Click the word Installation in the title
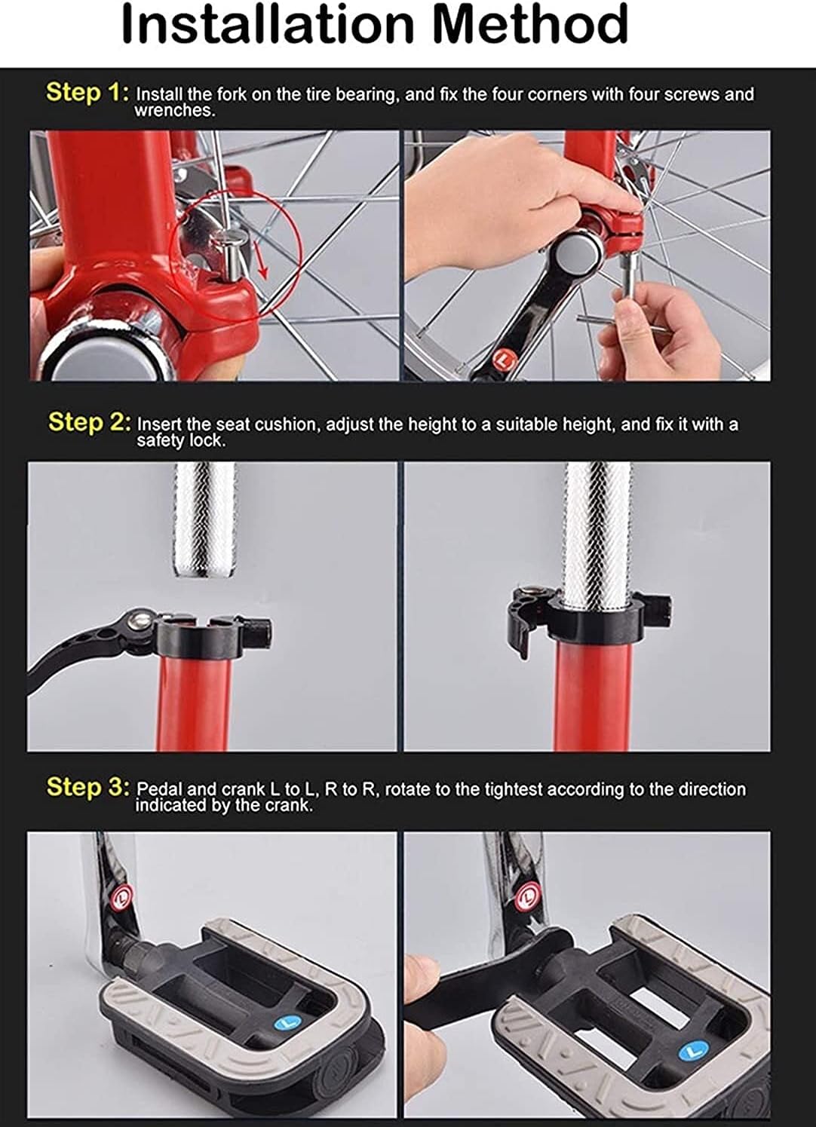click(x=268, y=23)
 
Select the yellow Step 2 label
click(x=90, y=422)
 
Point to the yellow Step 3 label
click(x=88, y=787)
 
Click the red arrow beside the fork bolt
click(x=261, y=259)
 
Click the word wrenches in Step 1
click(x=175, y=111)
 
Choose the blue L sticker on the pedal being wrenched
click(x=694, y=1050)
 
